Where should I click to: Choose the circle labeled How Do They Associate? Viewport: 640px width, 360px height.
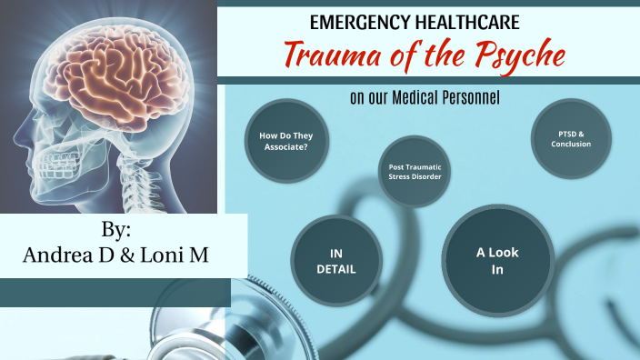(x=285, y=140)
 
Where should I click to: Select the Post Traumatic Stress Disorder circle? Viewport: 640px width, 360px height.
(x=415, y=171)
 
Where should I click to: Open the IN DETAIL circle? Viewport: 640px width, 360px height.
(x=335, y=261)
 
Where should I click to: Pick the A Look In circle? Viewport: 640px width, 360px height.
(x=497, y=260)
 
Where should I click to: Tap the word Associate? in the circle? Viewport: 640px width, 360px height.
(x=285, y=145)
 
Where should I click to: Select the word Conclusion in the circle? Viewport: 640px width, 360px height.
(x=570, y=145)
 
